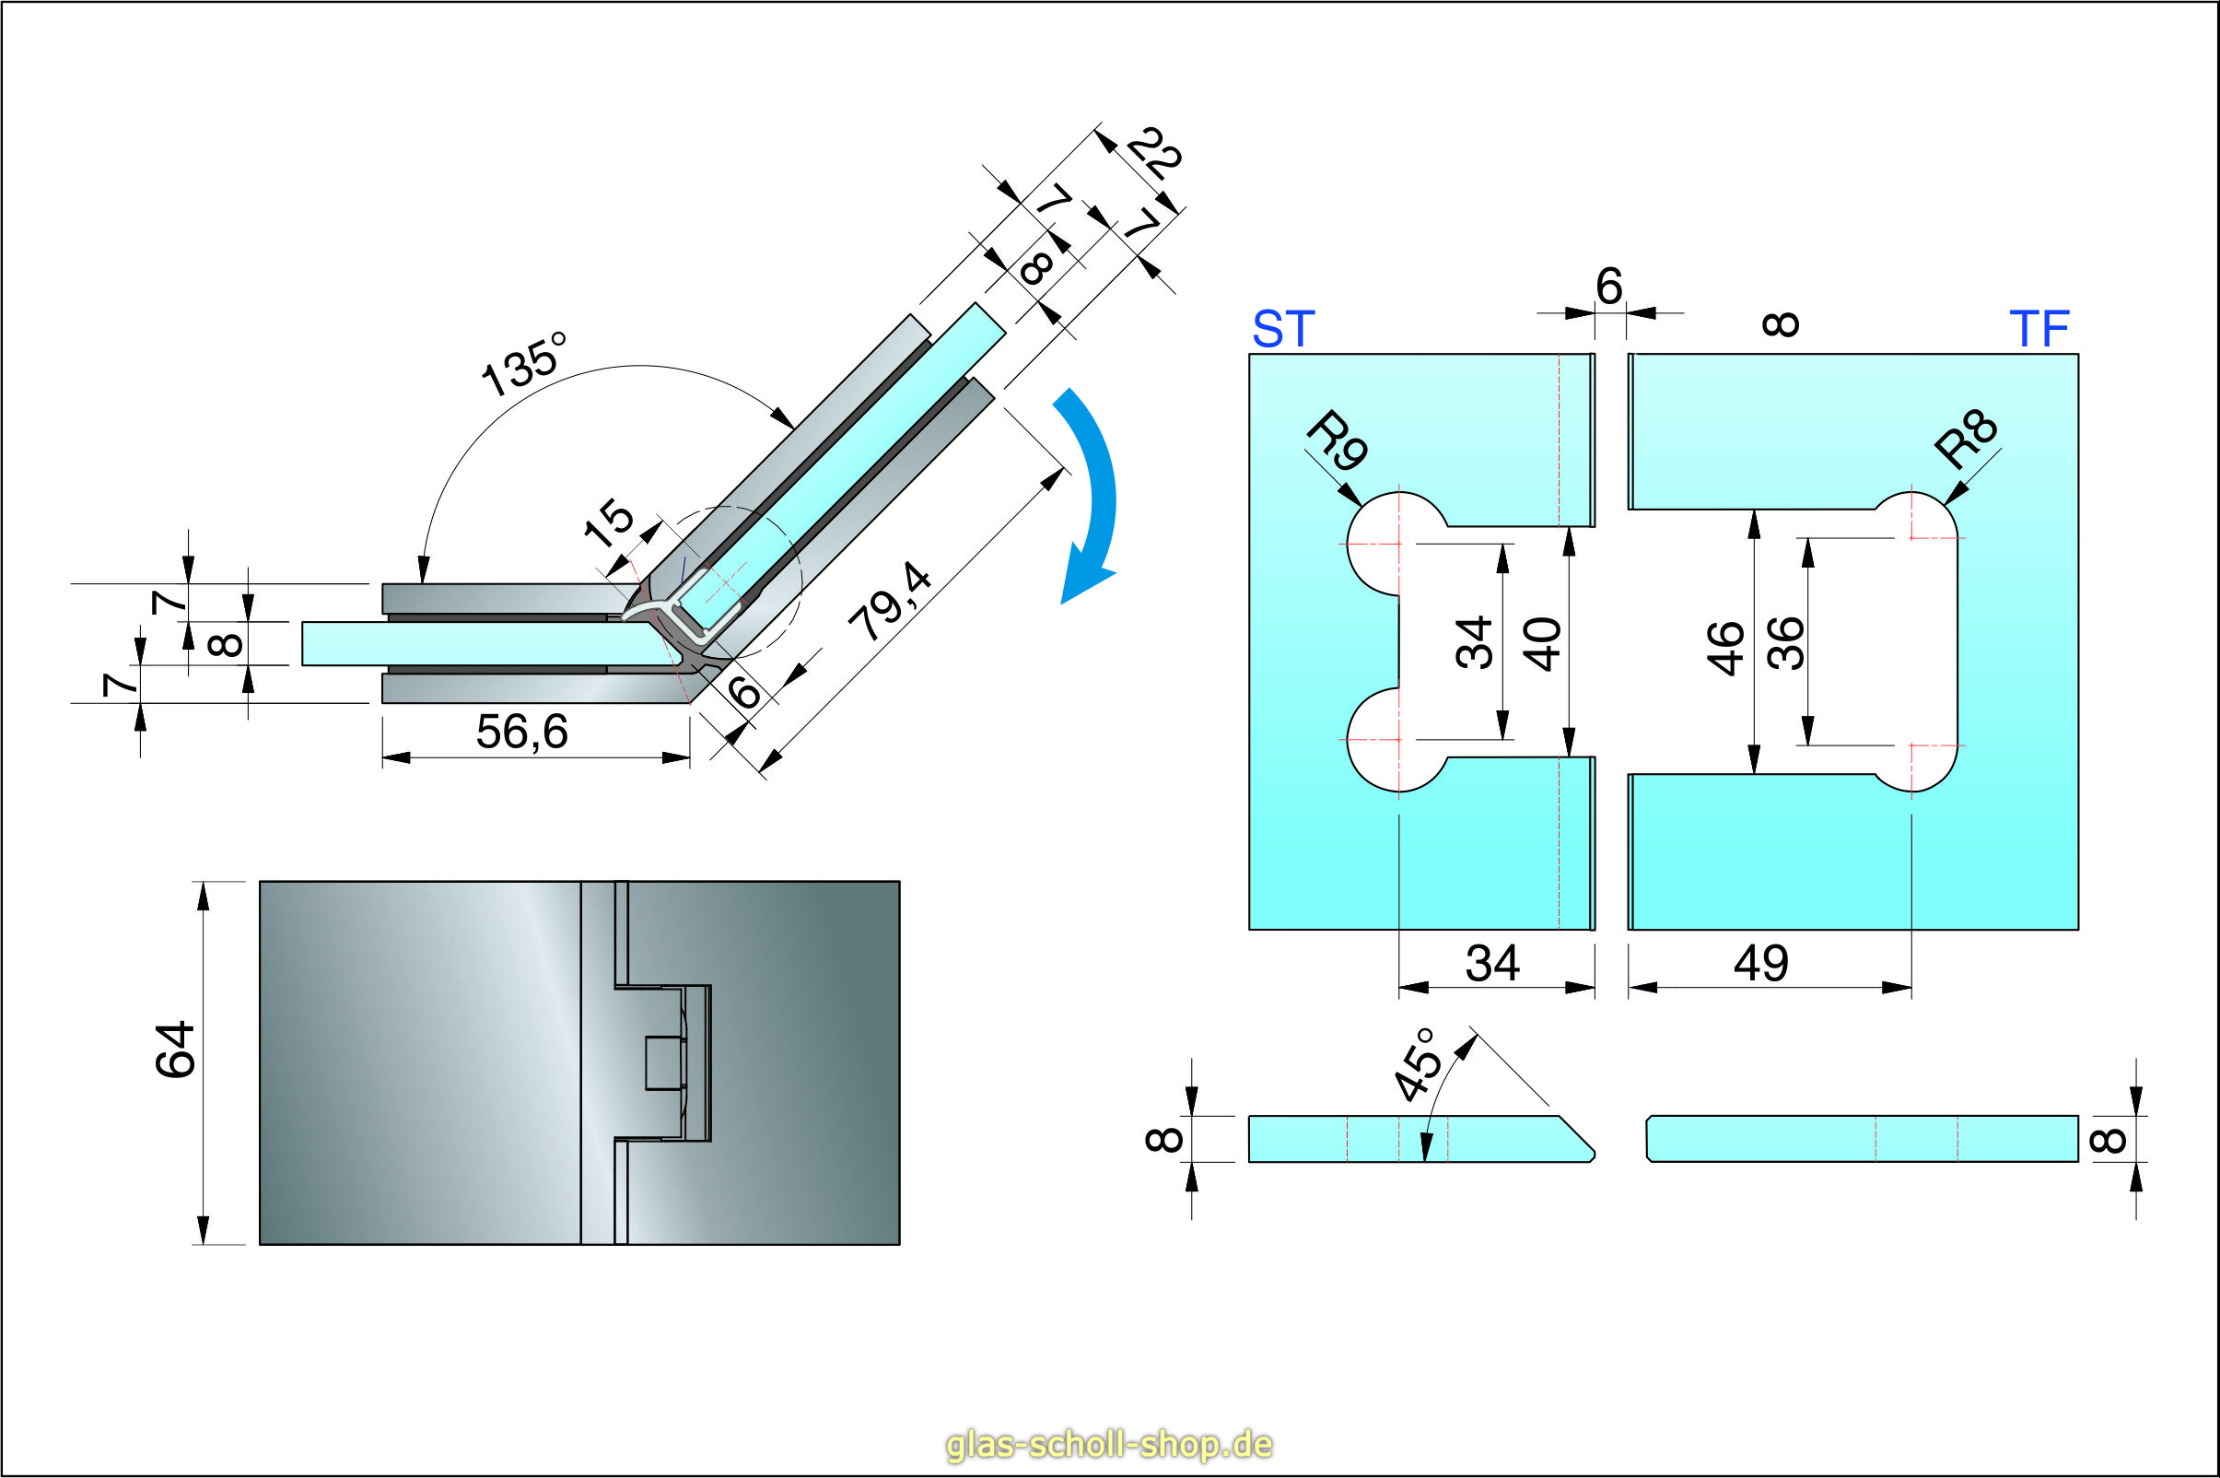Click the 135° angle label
524,366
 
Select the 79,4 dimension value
890,604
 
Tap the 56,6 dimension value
522,733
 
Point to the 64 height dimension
175,1049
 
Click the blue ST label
1282,329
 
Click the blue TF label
2039,329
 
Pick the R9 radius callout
1337,441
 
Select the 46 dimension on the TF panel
1726,648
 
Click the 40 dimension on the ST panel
1543,645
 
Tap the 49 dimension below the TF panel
1761,963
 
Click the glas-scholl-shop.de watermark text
1109,1443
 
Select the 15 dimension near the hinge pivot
610,523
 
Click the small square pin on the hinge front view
663,1063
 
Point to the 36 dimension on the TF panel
1785,643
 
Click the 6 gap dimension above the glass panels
1609,287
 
